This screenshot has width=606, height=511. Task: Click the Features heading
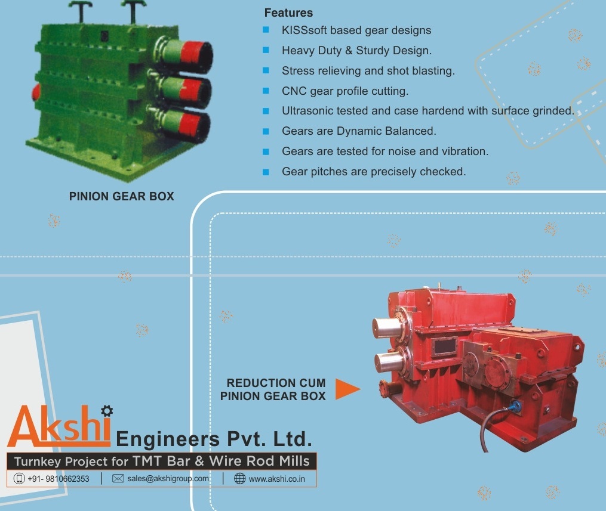click(288, 13)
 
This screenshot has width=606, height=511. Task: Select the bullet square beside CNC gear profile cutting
click(266, 91)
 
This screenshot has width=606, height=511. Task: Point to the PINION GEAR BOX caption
click(122, 196)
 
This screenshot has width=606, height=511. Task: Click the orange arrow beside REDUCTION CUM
click(347, 389)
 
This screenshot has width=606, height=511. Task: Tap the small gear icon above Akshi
click(107, 410)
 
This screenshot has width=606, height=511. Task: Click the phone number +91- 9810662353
click(59, 479)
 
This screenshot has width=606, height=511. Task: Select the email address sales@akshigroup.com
click(168, 479)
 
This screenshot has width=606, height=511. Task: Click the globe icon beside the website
click(239, 479)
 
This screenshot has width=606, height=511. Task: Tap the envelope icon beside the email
click(118, 479)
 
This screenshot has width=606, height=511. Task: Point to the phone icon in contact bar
click(19, 479)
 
